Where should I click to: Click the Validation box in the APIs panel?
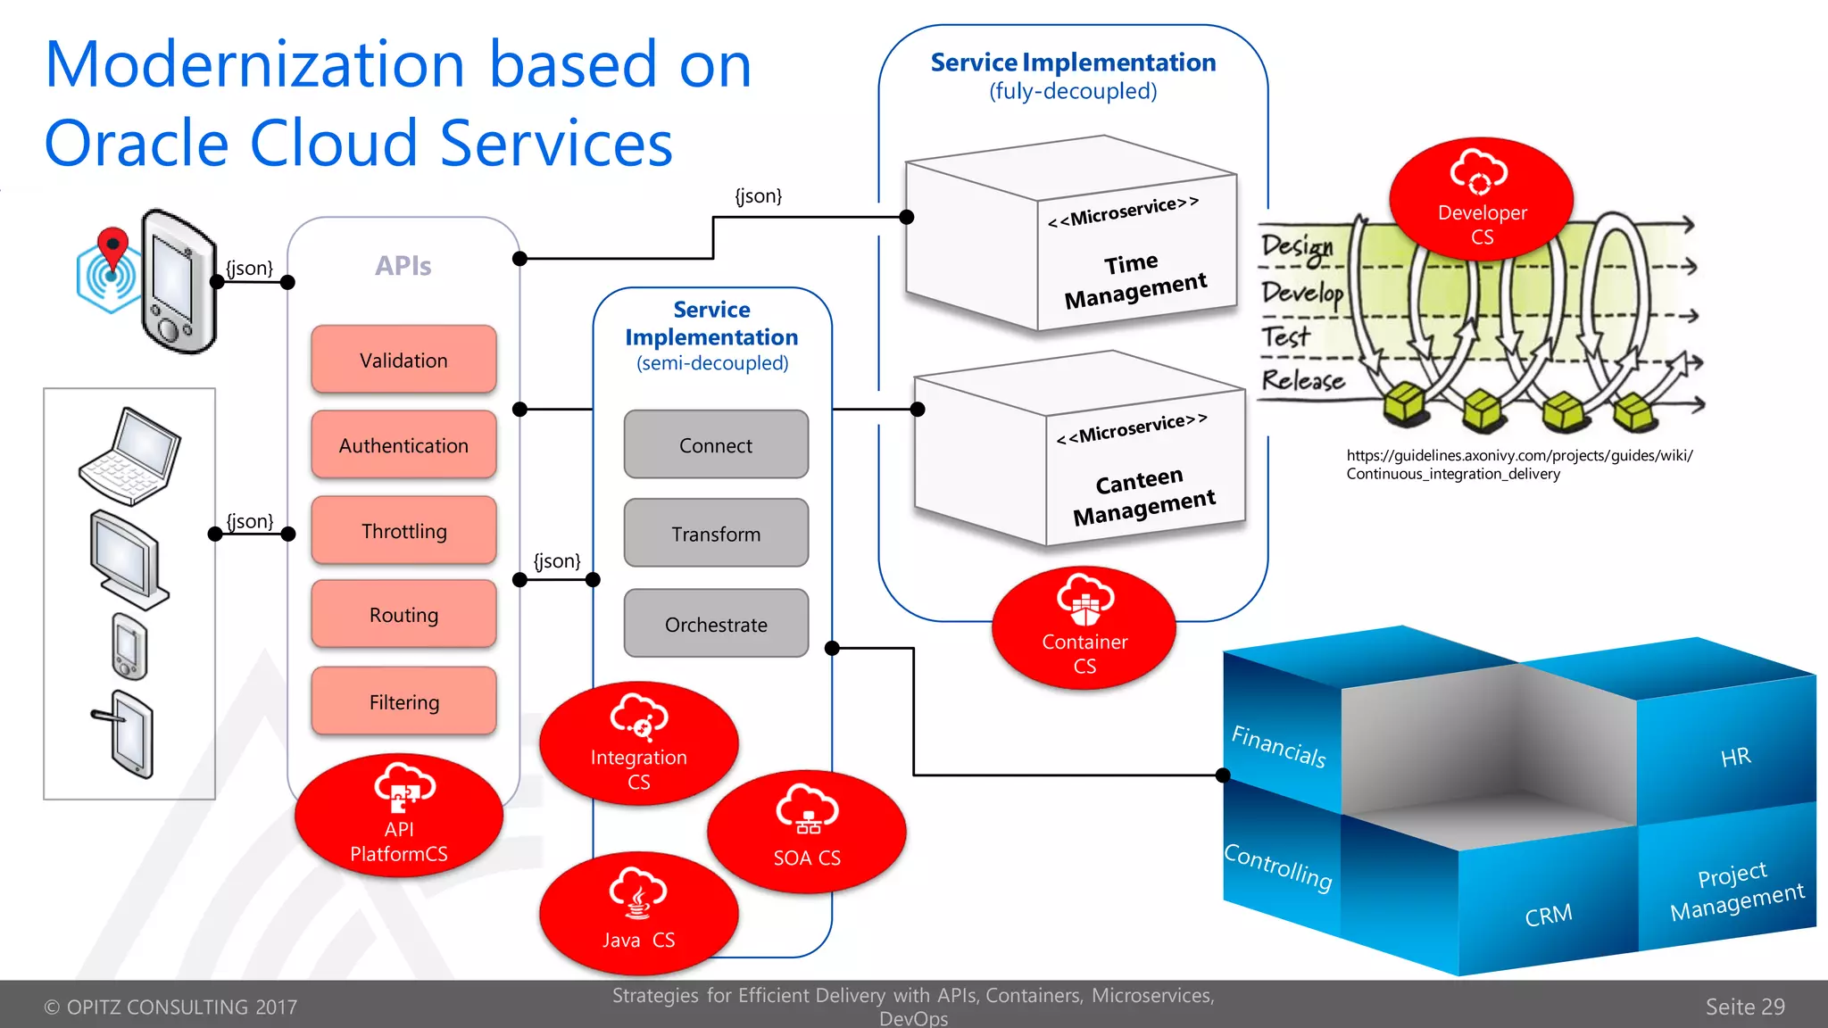[403, 360]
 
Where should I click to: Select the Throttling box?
[403, 531]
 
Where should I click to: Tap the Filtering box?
[403, 702]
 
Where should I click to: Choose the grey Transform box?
[716, 534]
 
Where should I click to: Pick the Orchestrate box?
[716, 624]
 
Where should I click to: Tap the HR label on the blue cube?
[1735, 758]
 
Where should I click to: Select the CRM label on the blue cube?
[1549, 916]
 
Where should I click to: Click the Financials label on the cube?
[1278, 746]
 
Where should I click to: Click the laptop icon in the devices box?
[130, 455]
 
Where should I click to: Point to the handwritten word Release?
[1302, 380]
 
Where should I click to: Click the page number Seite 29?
[1744, 1007]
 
